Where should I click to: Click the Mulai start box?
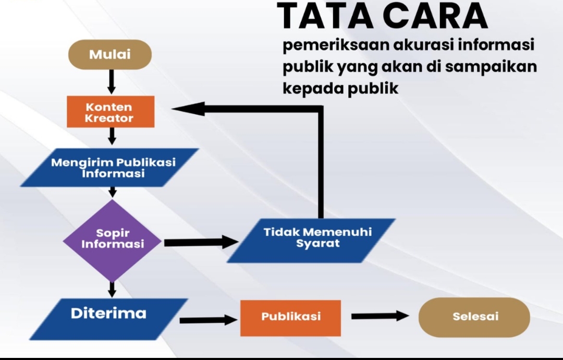pos(110,55)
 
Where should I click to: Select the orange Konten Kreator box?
pos(111,112)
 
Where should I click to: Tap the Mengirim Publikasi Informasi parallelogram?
pos(109,167)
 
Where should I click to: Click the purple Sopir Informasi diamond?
pos(113,241)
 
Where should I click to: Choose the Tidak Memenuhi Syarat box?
pos(311,241)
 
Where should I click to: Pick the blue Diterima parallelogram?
pos(108,319)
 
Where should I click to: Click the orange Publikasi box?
pos(290,318)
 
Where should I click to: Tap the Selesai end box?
pos(474,317)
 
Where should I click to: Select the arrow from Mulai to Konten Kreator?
pos(112,82)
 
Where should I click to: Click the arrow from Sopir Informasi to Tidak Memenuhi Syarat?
pos(201,242)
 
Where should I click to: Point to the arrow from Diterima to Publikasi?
pos(209,320)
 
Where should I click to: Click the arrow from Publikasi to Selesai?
pos(380,316)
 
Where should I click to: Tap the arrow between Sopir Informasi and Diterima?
pos(112,290)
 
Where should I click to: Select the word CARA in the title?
pos(435,16)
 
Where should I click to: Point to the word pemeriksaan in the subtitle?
pos(336,45)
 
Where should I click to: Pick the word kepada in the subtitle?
pos(313,88)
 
